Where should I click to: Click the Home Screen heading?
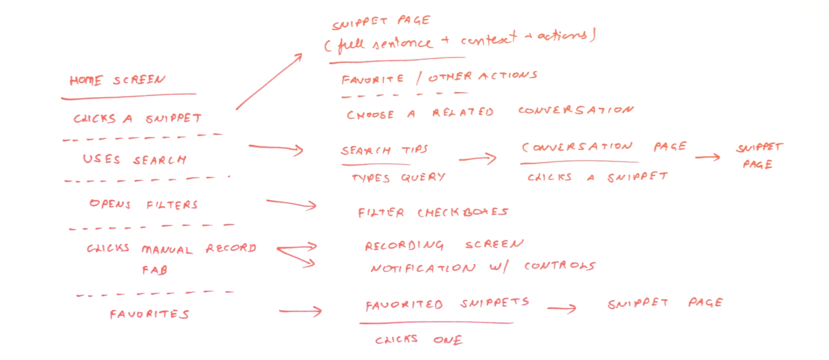[x=118, y=80]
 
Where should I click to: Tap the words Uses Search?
[x=134, y=160]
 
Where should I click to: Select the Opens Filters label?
[x=144, y=204]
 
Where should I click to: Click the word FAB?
[x=155, y=270]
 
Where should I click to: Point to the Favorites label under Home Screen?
[x=149, y=314]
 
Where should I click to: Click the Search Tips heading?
[x=384, y=150]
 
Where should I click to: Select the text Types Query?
[x=398, y=178]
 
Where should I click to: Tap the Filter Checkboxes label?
[x=433, y=212]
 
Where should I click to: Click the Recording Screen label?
[x=444, y=245]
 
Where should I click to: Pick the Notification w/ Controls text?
[x=483, y=267]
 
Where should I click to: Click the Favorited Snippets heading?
[x=447, y=304]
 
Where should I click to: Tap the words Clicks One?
[x=419, y=340]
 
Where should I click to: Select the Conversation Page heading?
[x=604, y=147]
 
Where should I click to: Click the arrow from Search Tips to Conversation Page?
[x=478, y=159]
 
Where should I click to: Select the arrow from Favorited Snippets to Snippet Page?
[x=562, y=308]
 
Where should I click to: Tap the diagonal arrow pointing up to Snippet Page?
[x=269, y=82]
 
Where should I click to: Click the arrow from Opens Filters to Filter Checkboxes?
[x=291, y=203]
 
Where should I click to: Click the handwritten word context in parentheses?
[x=489, y=38]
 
